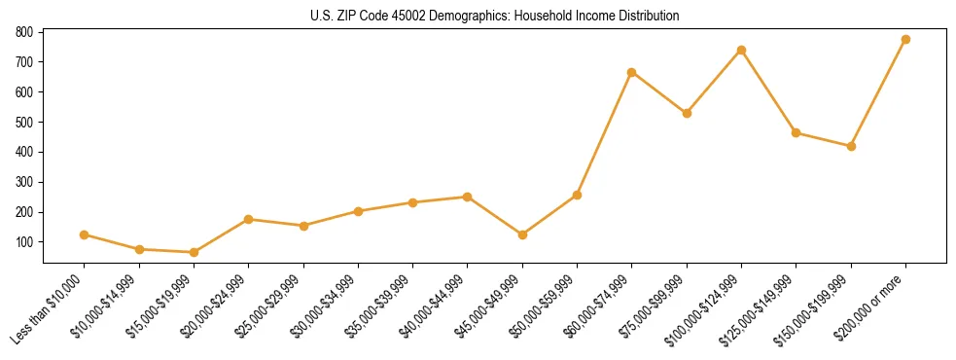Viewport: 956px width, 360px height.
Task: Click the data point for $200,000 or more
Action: click(905, 39)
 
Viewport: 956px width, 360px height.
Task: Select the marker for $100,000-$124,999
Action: click(741, 50)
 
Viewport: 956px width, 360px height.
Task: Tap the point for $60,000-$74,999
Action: click(632, 72)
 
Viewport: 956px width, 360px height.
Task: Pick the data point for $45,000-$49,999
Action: click(522, 234)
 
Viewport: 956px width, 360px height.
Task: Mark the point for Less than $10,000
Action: click(85, 234)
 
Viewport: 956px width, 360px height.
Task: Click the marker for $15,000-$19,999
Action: click(194, 252)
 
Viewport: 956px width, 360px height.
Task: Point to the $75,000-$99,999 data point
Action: click(687, 113)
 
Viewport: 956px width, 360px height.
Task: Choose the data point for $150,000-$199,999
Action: click(851, 146)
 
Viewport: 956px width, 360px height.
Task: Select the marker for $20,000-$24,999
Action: click(249, 219)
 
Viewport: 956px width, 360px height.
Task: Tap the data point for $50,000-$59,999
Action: click(577, 195)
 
